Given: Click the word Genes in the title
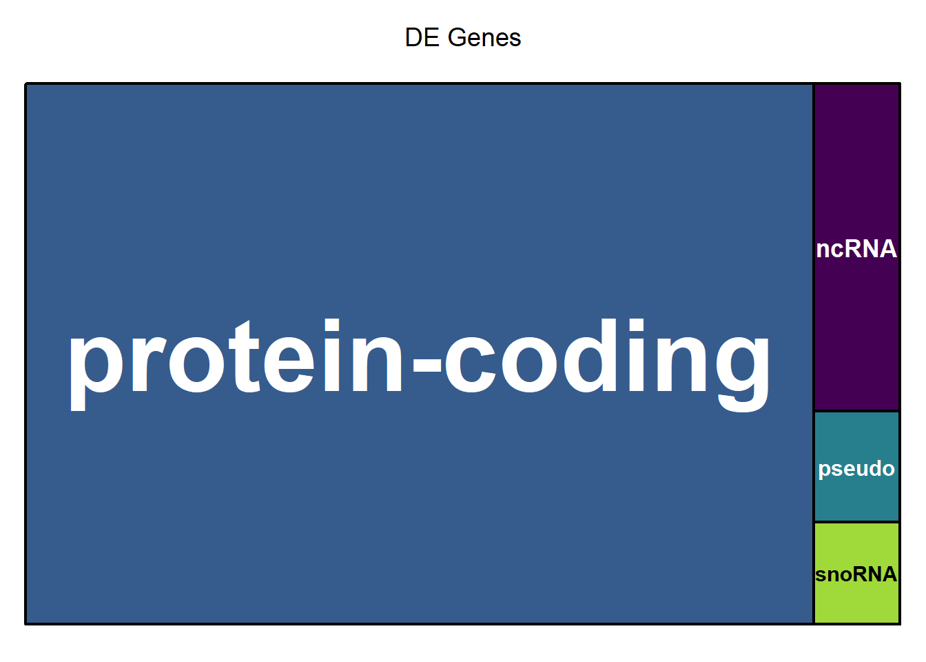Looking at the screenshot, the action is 484,38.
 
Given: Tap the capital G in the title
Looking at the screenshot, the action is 457,38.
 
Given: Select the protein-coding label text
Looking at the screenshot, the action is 419,365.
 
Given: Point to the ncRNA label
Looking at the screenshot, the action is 856,249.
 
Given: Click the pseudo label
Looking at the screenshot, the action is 856,469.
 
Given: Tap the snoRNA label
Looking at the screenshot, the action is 856,574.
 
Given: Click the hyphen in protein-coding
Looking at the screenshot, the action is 427,365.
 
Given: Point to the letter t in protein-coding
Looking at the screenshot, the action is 245,356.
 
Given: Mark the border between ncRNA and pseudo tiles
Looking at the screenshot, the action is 856,411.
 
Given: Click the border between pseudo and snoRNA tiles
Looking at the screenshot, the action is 856,522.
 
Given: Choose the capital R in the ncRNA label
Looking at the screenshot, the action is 851,249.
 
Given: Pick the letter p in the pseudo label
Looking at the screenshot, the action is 825,471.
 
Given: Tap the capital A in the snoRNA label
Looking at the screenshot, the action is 887,574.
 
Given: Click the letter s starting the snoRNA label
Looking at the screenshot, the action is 821,576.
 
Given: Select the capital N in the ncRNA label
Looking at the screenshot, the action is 870,249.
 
